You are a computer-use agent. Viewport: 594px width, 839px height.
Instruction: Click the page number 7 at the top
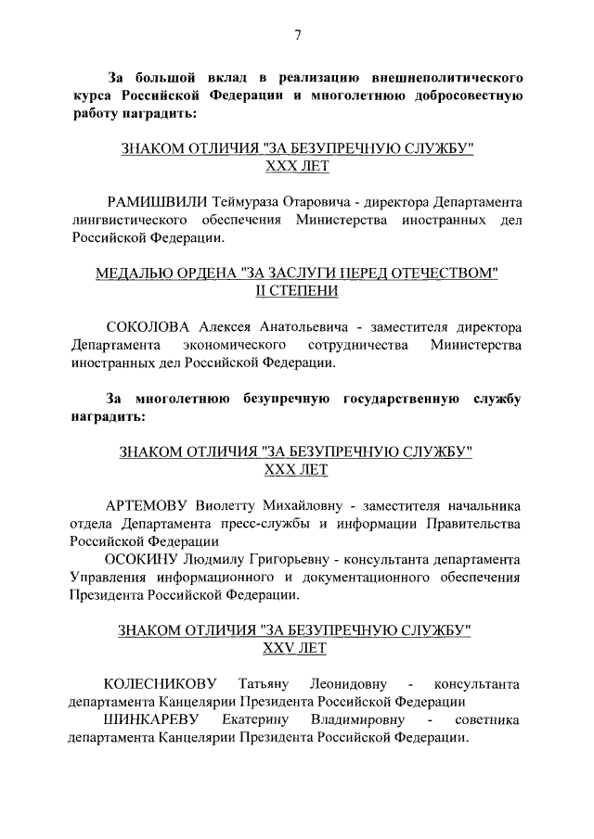(297, 35)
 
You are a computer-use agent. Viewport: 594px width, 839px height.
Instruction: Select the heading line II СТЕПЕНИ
(297, 290)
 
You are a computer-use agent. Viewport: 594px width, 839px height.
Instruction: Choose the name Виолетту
(235, 505)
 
